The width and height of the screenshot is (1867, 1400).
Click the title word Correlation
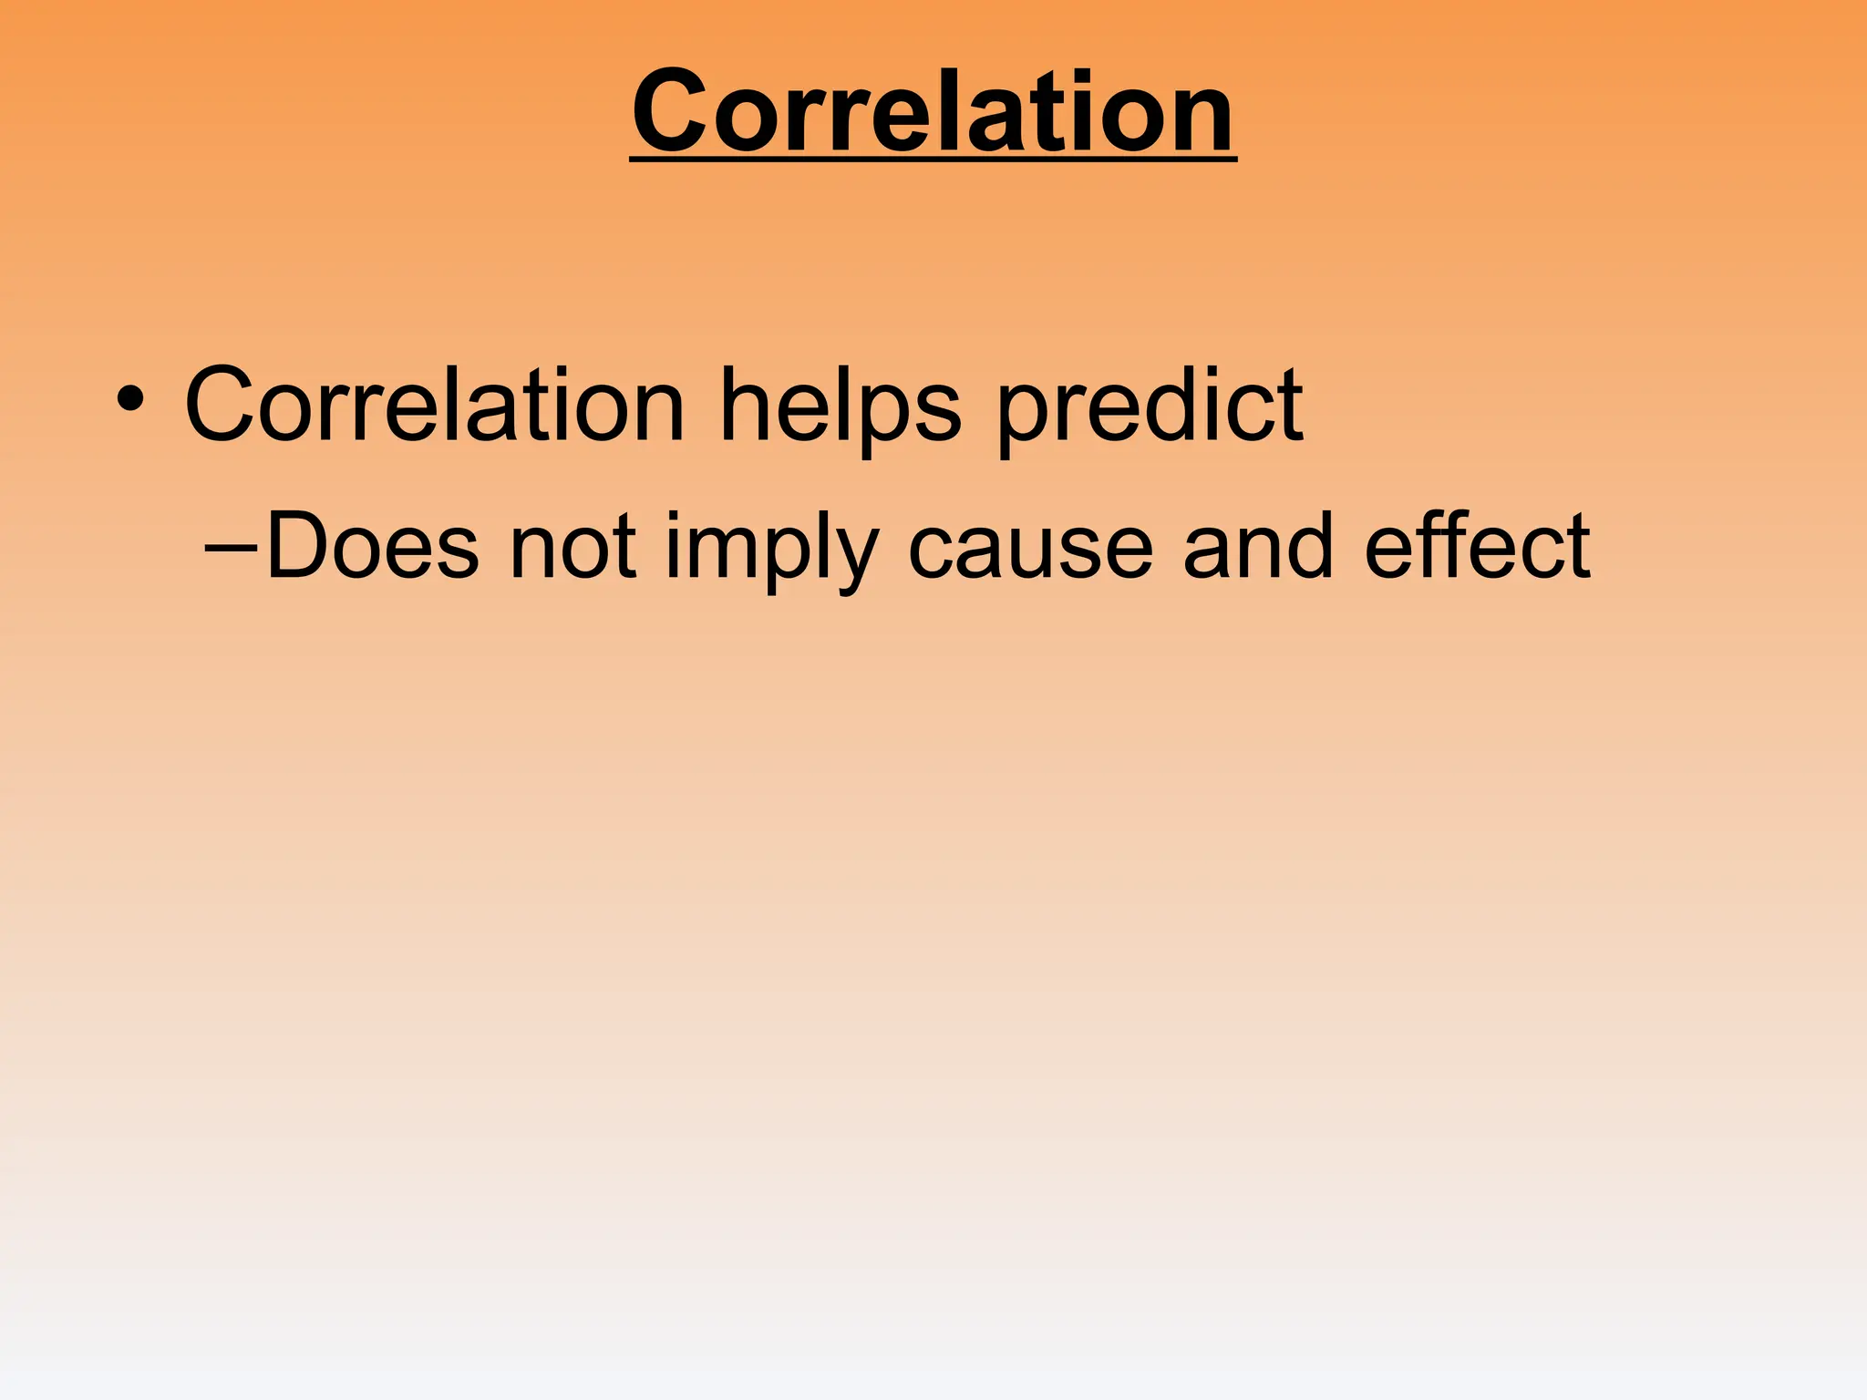pos(933,112)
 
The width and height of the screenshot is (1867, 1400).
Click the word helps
pos(840,406)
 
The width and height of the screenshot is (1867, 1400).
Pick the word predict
pos(1150,406)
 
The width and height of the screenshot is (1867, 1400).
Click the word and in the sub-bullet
pos(1259,547)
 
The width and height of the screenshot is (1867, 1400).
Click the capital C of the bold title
pos(673,112)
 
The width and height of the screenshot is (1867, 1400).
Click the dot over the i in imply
pos(674,517)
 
